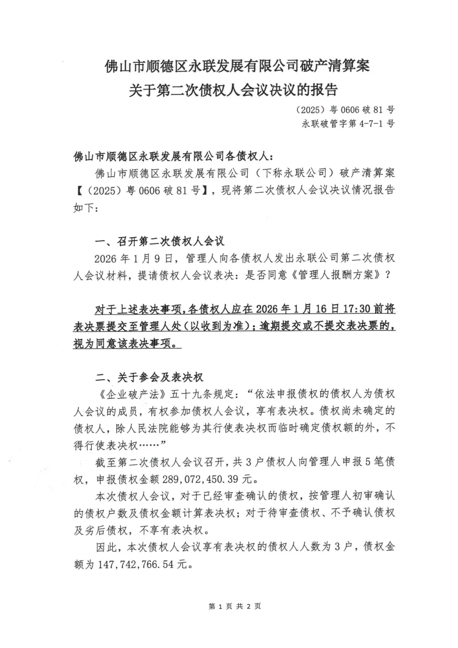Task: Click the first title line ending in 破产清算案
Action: tap(237, 66)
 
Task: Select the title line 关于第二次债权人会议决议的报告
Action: tap(233, 90)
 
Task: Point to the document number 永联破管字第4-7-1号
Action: tap(348, 124)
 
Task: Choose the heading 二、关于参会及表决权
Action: tap(149, 377)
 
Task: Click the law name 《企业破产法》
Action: tap(131, 394)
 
